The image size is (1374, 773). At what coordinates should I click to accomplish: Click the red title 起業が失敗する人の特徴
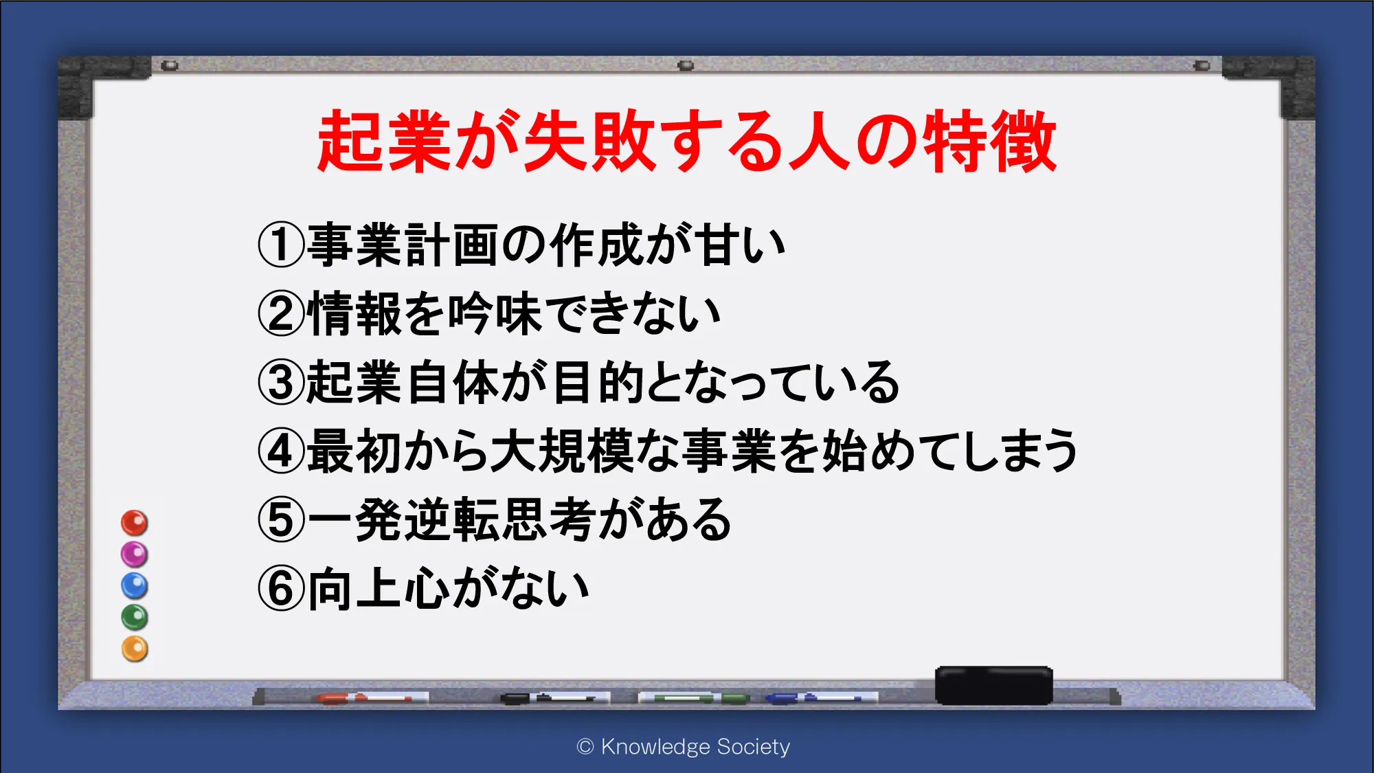tap(686, 141)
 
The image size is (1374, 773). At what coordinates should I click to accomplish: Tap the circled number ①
tap(281, 245)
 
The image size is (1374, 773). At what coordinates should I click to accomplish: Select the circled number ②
tap(281, 313)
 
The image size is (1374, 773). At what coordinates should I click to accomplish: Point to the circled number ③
tap(281, 382)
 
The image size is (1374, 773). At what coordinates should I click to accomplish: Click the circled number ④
tap(281, 451)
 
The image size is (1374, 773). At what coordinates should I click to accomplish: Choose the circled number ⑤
tap(281, 519)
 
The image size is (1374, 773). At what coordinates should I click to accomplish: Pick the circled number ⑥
tap(281, 588)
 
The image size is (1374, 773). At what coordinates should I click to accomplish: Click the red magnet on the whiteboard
tap(135, 523)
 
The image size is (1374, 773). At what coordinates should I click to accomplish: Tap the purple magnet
tap(135, 554)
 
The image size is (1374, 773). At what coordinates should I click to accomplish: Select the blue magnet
tap(135, 585)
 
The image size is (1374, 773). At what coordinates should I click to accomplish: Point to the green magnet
tap(135, 617)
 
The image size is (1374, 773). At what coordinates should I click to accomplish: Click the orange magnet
tap(135, 649)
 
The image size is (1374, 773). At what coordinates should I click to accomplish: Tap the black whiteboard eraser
tap(993, 685)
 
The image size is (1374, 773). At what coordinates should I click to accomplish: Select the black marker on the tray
tap(555, 698)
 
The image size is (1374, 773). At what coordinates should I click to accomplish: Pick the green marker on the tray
tap(694, 698)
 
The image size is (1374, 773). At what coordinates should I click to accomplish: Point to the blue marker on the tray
tap(822, 698)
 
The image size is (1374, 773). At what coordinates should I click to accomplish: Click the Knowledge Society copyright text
tap(684, 747)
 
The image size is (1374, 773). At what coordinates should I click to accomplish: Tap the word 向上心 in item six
tap(379, 589)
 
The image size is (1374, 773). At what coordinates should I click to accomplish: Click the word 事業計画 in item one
tap(403, 245)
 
